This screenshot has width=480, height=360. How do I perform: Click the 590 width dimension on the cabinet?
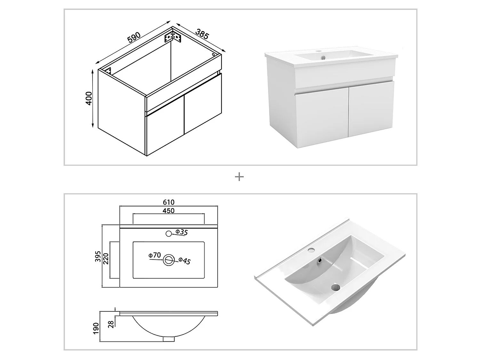tap(134, 38)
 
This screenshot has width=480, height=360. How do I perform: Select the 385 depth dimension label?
tap(202, 34)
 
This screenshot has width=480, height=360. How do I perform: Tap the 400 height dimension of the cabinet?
tap(89, 98)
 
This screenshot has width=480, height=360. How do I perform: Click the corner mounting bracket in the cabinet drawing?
tap(173, 37)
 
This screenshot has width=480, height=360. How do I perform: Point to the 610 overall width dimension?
tap(169, 202)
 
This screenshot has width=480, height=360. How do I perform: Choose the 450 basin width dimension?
tap(169, 211)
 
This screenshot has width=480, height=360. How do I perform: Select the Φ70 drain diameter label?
tap(155, 255)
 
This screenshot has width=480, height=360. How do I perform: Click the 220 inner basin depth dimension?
tap(106, 259)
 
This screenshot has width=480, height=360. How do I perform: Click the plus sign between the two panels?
tap(239, 177)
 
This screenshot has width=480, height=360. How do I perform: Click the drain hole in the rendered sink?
tap(335, 287)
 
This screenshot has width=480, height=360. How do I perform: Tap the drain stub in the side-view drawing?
tap(168, 339)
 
